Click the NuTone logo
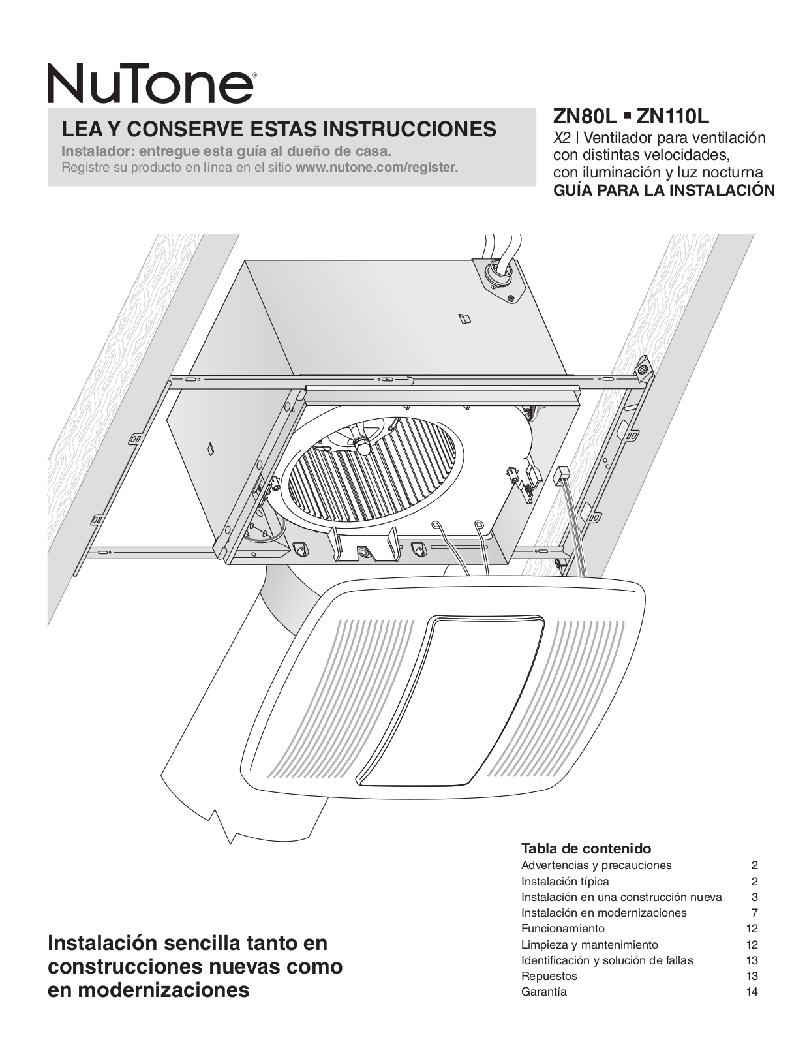[150, 83]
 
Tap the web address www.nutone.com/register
[376, 167]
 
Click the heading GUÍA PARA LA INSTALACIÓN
[663, 191]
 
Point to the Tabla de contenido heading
[586, 849]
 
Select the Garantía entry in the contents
[544, 992]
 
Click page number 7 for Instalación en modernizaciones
[754, 913]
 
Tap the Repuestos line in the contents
[549, 976]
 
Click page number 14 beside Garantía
[752, 992]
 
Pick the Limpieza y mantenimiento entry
[589, 944]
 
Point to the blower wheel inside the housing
[372, 467]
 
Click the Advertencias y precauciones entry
[596, 865]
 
